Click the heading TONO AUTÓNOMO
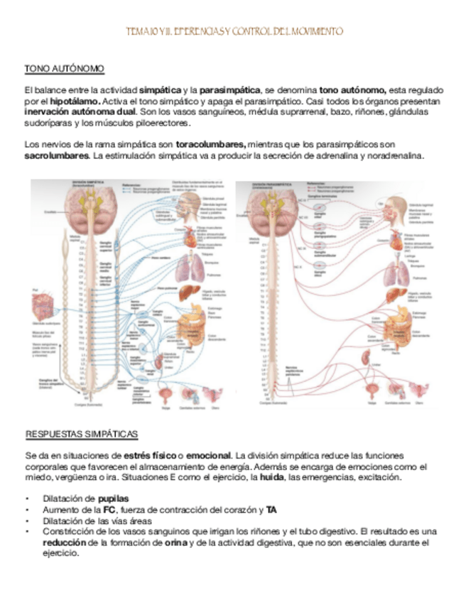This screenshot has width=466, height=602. coord(65,69)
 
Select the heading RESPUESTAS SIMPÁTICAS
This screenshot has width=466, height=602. coord(81,434)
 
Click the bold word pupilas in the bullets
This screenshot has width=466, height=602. coord(114,498)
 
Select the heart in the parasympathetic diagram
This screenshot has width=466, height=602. coord(396,242)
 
